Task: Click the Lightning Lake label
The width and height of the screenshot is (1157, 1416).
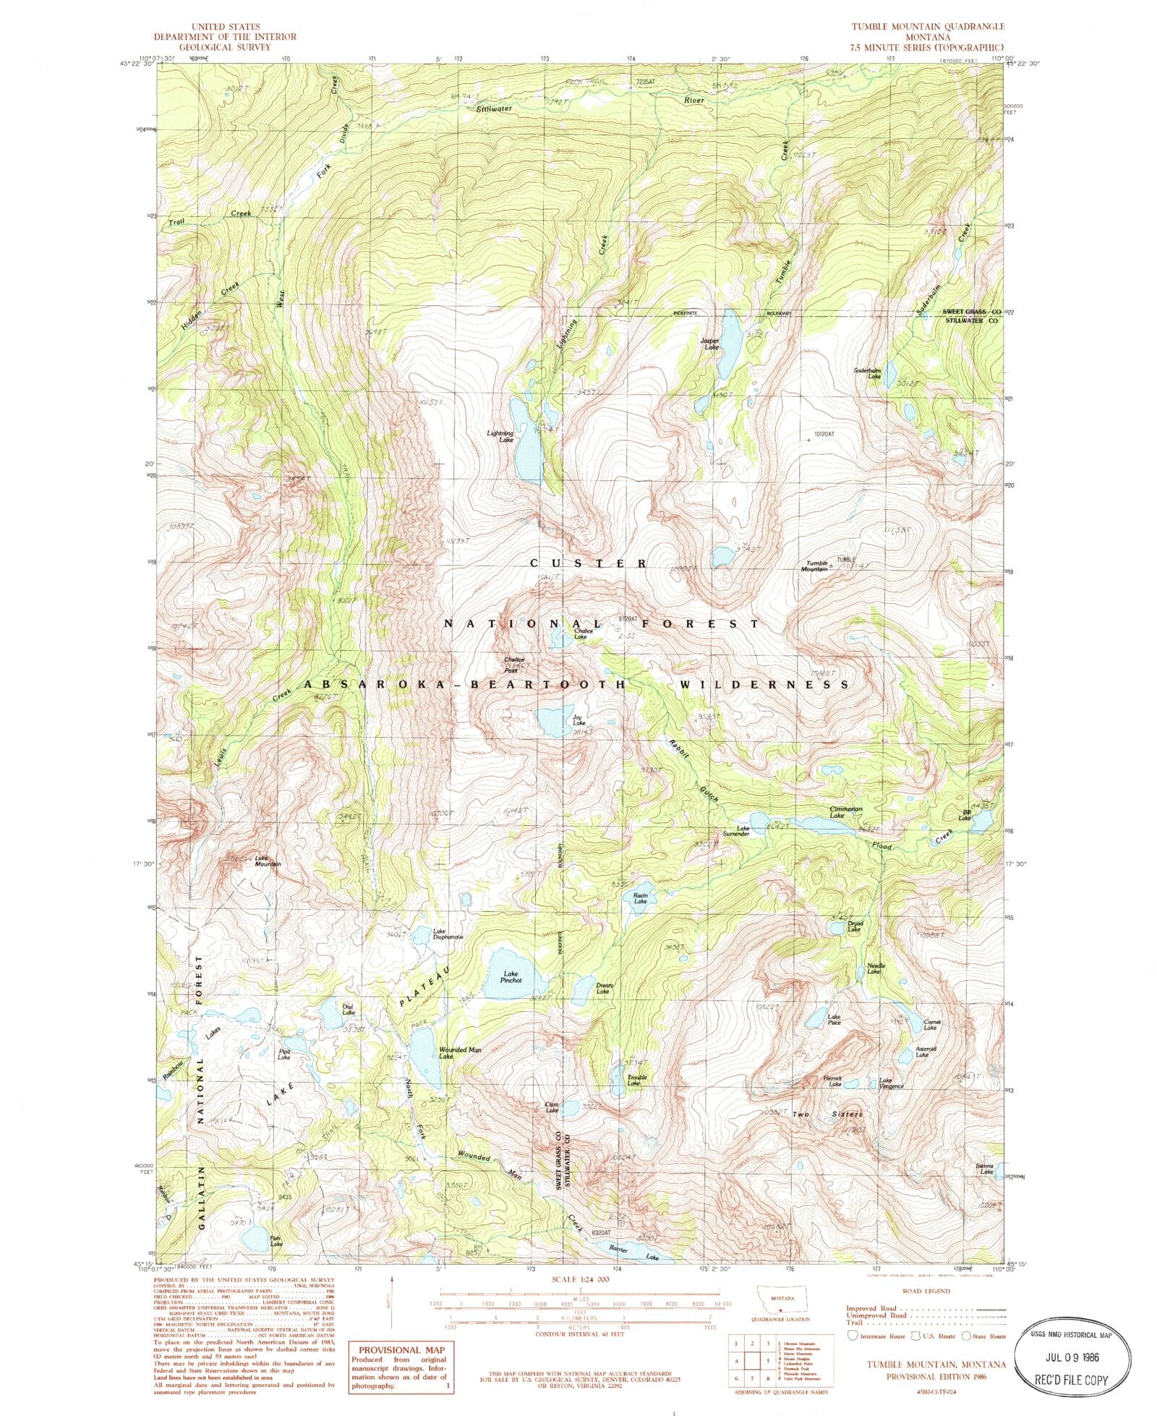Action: [x=500, y=436]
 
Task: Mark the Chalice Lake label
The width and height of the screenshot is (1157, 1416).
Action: [x=583, y=634]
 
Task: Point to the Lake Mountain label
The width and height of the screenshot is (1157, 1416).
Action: [x=267, y=861]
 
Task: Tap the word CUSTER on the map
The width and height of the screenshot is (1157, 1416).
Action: [x=588, y=563]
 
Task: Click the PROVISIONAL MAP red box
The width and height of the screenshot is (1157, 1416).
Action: [x=399, y=1362]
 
